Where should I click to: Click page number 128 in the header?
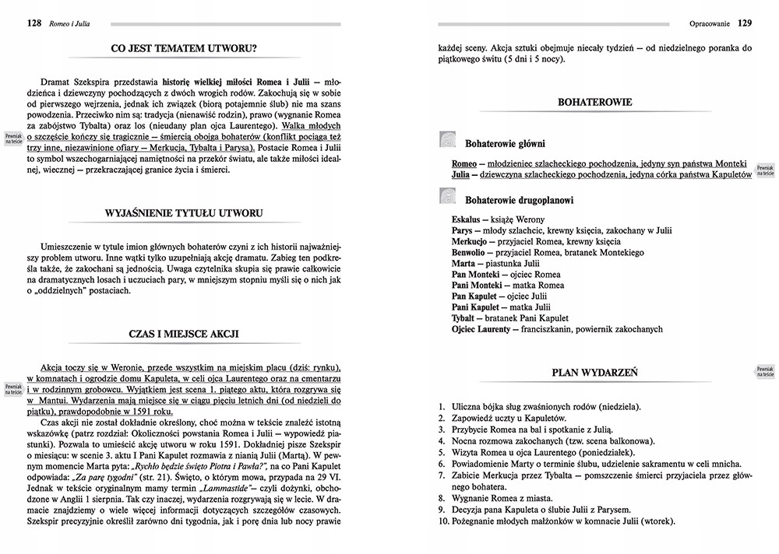(x=33, y=23)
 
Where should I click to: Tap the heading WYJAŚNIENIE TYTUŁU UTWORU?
(x=185, y=212)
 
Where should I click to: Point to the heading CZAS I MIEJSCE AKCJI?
(x=184, y=333)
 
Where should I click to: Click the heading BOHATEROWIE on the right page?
(x=595, y=102)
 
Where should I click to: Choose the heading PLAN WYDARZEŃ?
(x=594, y=373)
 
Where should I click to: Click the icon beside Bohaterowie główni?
(x=448, y=140)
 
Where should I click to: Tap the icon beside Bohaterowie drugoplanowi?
(x=448, y=198)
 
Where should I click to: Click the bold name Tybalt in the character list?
(x=464, y=318)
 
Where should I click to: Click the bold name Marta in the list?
(x=464, y=264)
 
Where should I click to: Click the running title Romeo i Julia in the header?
(x=69, y=24)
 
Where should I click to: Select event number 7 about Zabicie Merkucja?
(x=596, y=476)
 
